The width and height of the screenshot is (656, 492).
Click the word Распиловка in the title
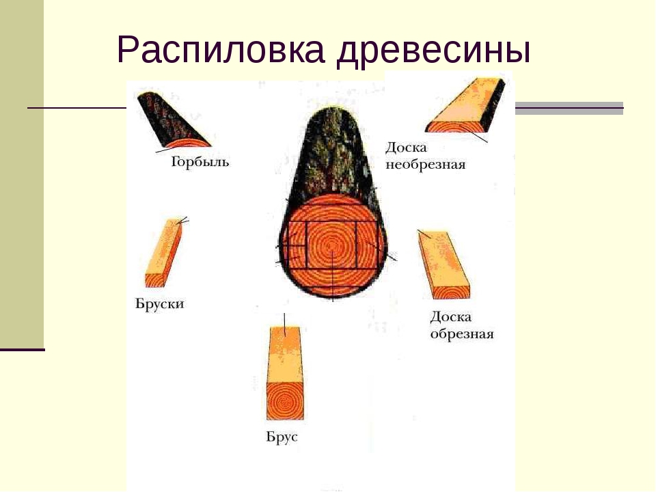click(221, 51)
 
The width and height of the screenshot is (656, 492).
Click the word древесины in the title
click(434, 53)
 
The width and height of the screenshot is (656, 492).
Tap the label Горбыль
click(200, 162)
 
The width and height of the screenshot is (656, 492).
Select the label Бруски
click(160, 303)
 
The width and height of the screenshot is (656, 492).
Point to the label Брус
click(282, 437)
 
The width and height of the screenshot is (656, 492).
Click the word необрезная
click(426, 165)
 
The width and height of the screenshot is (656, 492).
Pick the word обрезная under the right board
click(462, 334)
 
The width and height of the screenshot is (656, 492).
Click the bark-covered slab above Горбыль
click(172, 120)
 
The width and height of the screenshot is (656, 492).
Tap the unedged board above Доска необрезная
click(465, 105)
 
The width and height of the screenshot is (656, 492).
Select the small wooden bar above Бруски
click(163, 253)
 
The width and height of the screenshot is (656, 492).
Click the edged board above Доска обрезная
click(444, 264)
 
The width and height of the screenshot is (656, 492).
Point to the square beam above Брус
click(285, 373)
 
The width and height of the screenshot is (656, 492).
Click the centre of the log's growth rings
click(332, 245)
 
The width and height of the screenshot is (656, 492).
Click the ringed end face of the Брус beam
click(285, 401)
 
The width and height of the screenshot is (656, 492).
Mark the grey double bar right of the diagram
click(569, 109)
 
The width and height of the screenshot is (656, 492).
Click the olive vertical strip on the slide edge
click(22, 173)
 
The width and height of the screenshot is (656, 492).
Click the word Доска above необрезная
click(406, 148)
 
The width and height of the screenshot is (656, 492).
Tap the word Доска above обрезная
click(451, 317)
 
